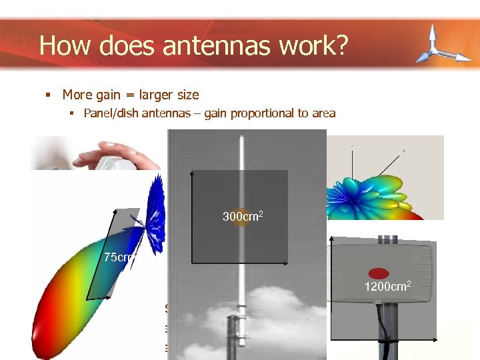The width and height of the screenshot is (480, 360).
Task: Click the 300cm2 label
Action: pyautogui.click(x=243, y=217)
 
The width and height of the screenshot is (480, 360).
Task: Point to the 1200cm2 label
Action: pyautogui.click(x=387, y=287)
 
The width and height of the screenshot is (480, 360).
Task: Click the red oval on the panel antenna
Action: pyautogui.click(x=379, y=273)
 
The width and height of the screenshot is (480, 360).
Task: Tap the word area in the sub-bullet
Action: pyautogui.click(x=323, y=113)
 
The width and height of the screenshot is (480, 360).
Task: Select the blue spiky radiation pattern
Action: pyautogui.click(x=155, y=217)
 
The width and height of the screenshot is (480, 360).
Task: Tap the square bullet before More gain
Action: pyautogui.click(x=48, y=95)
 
